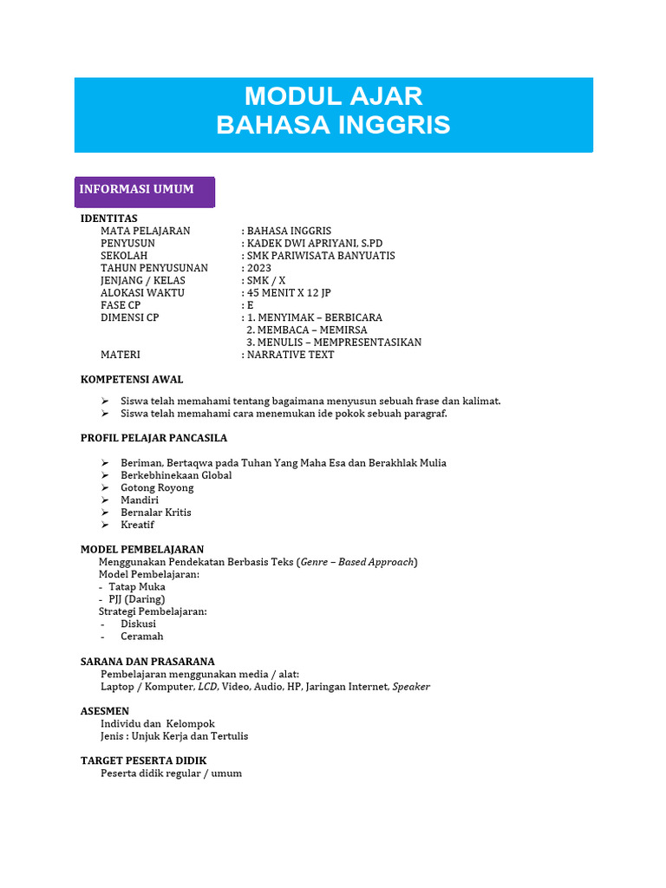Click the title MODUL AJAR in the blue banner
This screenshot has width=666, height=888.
click(x=333, y=95)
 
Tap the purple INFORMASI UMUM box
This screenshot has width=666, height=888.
click(x=144, y=190)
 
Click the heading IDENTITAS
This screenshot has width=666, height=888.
click(x=109, y=218)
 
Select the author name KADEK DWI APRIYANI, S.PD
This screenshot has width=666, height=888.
click(x=314, y=244)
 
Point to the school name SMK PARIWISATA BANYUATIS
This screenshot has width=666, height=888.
click(x=320, y=256)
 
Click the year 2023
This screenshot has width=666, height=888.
click(x=258, y=268)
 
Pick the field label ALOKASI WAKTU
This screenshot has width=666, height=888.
click(x=142, y=293)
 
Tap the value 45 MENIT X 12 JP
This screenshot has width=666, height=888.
click(x=289, y=293)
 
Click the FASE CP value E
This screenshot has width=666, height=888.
click(x=250, y=305)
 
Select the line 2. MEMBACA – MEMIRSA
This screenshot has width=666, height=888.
click(x=306, y=330)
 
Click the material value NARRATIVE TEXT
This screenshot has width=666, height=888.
click(x=290, y=355)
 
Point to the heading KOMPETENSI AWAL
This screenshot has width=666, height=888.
click(x=132, y=380)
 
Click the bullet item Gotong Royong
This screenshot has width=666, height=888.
click(x=157, y=487)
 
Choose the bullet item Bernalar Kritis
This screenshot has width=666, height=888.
click(x=156, y=512)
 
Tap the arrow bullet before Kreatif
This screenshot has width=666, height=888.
click(x=104, y=525)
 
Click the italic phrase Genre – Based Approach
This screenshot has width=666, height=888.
click(x=356, y=562)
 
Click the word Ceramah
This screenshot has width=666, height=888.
click(x=141, y=636)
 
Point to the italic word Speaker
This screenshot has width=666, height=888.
click(x=411, y=686)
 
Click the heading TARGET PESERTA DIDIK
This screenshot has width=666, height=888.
click(x=144, y=761)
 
